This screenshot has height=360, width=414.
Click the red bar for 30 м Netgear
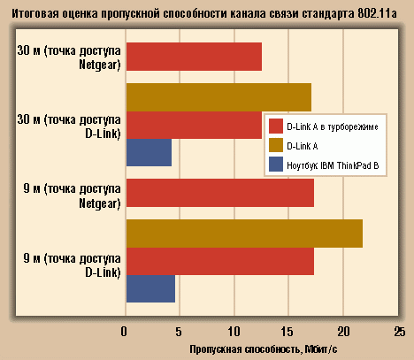coord(194,57)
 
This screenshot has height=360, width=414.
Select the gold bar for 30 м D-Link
coord(218,97)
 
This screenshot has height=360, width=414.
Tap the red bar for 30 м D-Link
coord(194,125)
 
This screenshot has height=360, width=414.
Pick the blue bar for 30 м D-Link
coord(149,152)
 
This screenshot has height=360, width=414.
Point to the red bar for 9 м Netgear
coord(220,193)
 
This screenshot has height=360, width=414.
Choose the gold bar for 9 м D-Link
coord(245,234)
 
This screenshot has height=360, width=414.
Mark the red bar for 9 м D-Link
coord(220,261)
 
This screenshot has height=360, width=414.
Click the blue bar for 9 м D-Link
coord(150,288)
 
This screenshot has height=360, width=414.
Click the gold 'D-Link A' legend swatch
coord(276,145)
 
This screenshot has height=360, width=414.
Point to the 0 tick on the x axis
coord(124,332)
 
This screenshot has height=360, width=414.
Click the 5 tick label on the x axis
coord(179,332)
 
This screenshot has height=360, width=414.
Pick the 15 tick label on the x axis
coord(287,332)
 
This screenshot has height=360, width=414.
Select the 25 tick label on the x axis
coord(400,332)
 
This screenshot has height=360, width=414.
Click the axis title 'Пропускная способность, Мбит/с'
coord(264,349)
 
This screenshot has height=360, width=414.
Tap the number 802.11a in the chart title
coord(377,13)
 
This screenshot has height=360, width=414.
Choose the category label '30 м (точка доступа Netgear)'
coord(69,57)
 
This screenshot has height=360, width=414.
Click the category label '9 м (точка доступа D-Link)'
coord(73,265)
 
